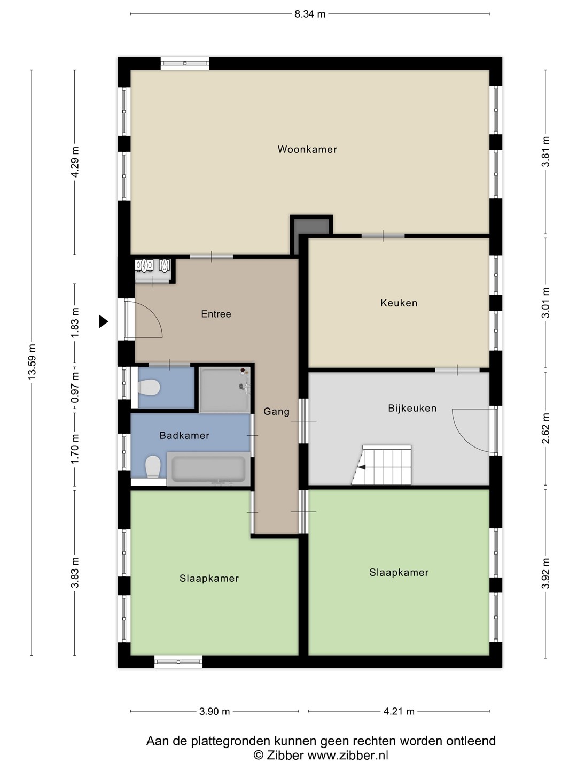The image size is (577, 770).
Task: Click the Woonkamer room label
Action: pyautogui.click(x=307, y=149)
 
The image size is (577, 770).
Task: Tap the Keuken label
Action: pyautogui.click(x=399, y=303)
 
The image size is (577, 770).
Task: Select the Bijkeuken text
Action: pyautogui.click(x=412, y=409)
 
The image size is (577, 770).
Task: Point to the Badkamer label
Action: pyautogui.click(x=184, y=436)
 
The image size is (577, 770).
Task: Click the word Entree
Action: pyautogui.click(x=216, y=314)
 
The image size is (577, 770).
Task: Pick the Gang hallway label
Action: pyautogui.click(x=276, y=412)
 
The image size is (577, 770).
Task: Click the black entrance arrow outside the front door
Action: pyautogui.click(x=103, y=321)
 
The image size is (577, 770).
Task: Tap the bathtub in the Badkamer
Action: pyautogui.click(x=208, y=469)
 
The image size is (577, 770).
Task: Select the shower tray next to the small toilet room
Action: pyautogui.click(x=224, y=389)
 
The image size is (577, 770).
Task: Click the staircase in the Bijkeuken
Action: pyautogui.click(x=382, y=465)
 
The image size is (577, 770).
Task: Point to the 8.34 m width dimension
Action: pyautogui.click(x=310, y=14)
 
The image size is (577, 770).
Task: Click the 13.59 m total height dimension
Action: pyautogui.click(x=32, y=361)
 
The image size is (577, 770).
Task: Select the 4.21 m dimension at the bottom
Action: pyautogui.click(x=399, y=711)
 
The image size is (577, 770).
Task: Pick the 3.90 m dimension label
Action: pyautogui.click(x=214, y=711)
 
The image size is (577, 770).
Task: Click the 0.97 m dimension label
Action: pyautogui.click(x=75, y=387)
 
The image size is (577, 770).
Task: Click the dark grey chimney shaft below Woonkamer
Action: pyautogui.click(x=311, y=232)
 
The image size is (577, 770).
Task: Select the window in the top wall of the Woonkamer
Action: pyautogui.click(x=185, y=64)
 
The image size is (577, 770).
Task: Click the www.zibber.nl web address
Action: pyautogui.click(x=348, y=755)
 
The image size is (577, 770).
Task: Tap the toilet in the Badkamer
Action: pyautogui.click(x=153, y=467)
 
